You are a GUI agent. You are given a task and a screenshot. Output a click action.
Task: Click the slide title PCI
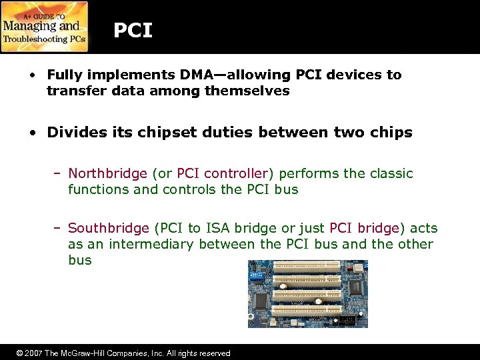coord(133,30)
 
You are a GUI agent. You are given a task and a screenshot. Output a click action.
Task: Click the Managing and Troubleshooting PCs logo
coord(44,27)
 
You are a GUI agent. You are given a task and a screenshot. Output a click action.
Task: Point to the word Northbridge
coord(107,173)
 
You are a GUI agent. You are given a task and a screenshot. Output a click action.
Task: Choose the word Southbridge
coord(109,228)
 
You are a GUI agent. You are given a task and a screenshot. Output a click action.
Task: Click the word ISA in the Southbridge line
coord(217,228)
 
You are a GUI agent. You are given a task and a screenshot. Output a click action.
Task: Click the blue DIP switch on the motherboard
coord(256,273)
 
